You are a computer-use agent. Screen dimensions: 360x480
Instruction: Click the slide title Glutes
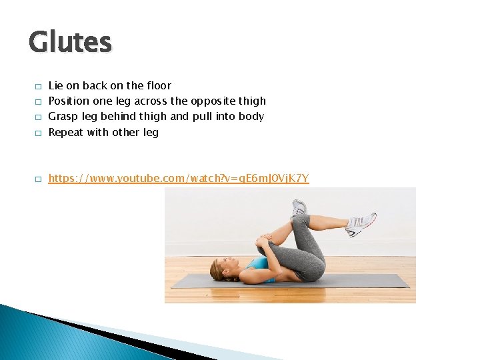70,42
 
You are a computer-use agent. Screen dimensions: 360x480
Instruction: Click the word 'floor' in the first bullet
158,85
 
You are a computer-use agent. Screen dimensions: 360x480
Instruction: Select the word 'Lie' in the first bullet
56,85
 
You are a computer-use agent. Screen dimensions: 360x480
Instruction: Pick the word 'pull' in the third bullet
202,117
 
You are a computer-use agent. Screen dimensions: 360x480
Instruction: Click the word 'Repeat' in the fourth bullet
66,132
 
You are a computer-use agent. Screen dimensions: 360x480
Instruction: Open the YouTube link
179,179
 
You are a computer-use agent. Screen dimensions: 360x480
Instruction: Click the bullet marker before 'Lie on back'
39,87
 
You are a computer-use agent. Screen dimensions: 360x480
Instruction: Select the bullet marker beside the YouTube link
39,179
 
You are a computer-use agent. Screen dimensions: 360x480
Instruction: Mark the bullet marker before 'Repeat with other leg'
39,133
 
